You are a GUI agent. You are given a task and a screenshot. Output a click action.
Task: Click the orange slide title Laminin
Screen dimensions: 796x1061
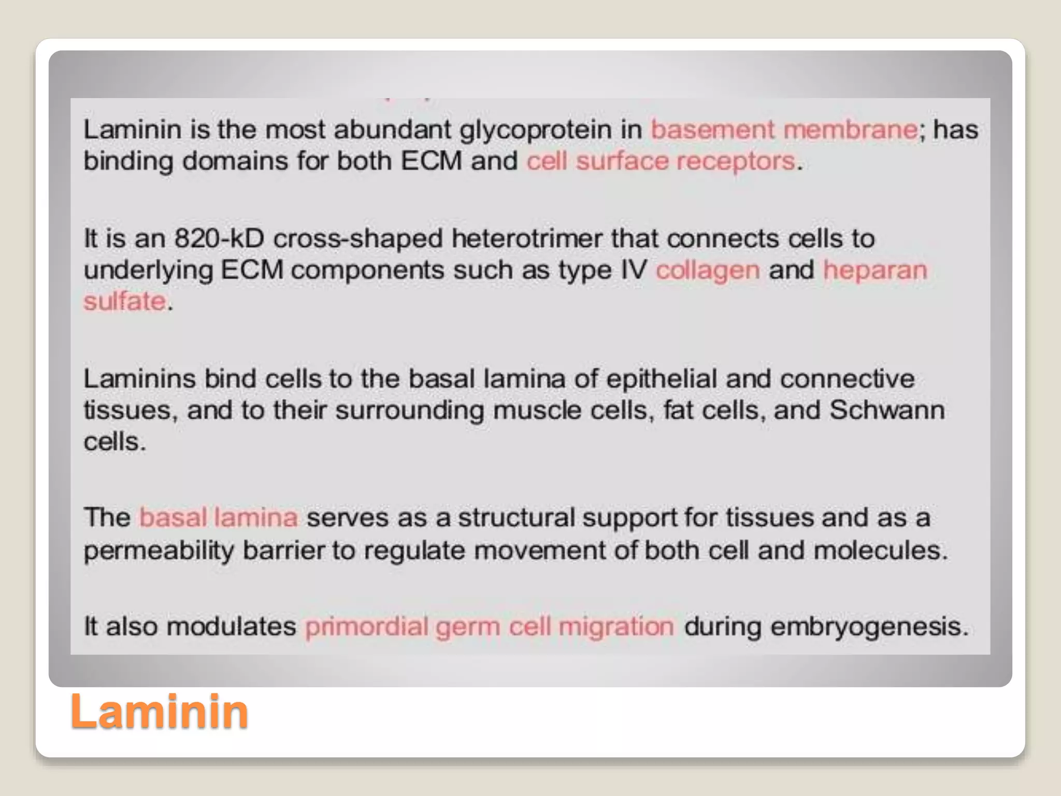coord(159,712)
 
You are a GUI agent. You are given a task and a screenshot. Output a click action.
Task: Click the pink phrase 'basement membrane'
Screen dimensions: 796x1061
coord(784,130)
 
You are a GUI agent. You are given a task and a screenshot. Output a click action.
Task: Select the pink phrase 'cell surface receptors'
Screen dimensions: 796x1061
coord(661,161)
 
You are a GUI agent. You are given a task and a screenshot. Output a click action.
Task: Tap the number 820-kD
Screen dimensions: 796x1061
coord(219,239)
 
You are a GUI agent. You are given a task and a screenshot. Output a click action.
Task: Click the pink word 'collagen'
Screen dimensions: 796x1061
coord(708,271)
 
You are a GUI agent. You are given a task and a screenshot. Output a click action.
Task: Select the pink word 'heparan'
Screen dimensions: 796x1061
coord(875,271)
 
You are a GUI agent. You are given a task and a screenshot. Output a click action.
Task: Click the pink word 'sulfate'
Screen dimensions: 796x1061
coord(125,302)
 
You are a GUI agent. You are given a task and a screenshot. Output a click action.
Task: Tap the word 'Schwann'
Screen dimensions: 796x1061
coord(887,410)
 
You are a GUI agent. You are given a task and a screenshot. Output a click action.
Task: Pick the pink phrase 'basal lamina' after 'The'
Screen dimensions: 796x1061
coord(218,518)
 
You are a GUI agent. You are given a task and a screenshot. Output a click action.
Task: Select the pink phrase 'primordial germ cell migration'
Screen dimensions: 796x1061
coord(490,627)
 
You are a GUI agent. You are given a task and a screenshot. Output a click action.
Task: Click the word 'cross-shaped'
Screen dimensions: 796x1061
coord(357,239)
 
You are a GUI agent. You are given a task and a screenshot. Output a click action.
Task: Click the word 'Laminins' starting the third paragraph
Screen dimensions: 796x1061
coord(139,379)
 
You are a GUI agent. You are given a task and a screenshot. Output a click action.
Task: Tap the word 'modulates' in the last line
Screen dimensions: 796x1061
coord(231,627)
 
